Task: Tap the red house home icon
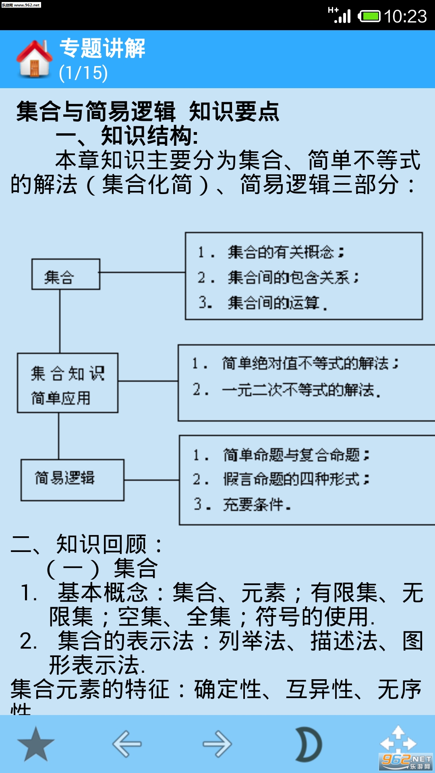point(34,59)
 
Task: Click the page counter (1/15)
point(83,73)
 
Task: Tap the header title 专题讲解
point(102,48)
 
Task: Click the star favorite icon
point(36,744)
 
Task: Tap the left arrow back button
point(127,744)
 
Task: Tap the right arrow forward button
point(217,744)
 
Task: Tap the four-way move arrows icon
point(398,743)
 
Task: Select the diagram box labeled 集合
point(66,274)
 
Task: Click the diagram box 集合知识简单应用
point(68,383)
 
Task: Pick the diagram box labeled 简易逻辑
point(72,480)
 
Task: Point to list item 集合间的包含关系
point(293,277)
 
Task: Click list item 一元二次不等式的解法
point(301,390)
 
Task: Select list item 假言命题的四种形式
point(296,479)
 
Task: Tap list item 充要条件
point(257,504)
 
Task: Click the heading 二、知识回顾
point(86,544)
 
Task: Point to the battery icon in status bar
point(369,17)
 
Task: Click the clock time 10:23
point(405,17)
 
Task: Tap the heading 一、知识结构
point(127,136)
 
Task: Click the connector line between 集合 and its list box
point(143,273)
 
